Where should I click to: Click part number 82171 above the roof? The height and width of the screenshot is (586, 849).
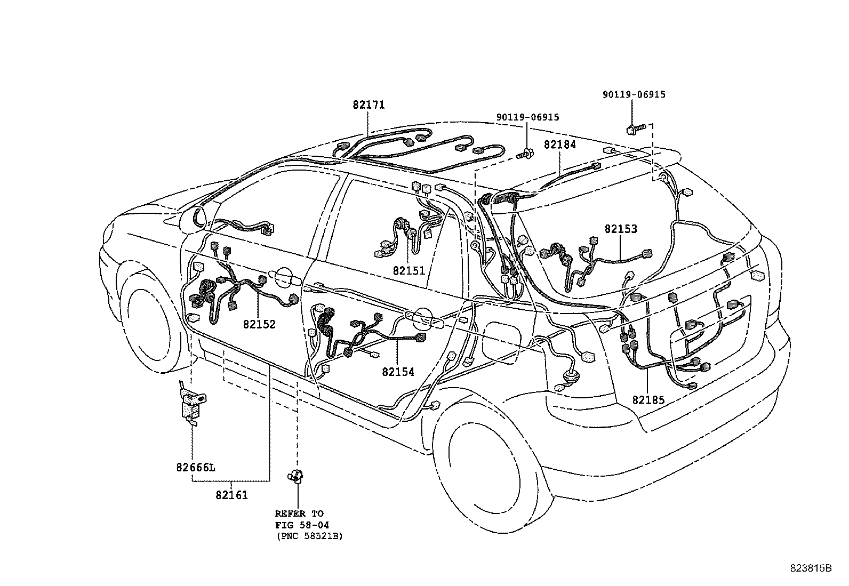(368, 105)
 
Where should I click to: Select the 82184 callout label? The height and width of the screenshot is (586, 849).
(560, 145)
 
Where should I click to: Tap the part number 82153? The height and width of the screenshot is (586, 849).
(621, 229)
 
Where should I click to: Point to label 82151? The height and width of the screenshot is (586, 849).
(409, 271)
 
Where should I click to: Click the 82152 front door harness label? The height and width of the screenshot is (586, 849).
(259, 324)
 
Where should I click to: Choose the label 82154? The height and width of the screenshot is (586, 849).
(398, 372)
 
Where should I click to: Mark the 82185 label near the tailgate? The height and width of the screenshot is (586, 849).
(649, 399)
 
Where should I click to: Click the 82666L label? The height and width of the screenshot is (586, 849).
(196, 468)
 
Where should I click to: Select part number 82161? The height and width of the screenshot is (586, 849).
(231, 495)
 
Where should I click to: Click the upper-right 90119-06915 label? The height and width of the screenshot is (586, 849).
(634, 94)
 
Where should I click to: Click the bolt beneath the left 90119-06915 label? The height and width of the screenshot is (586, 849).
(526, 155)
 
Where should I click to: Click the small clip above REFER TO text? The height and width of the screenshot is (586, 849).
(296, 475)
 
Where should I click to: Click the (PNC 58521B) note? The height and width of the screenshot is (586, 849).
(309, 536)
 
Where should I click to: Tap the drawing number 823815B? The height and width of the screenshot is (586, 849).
(811, 568)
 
